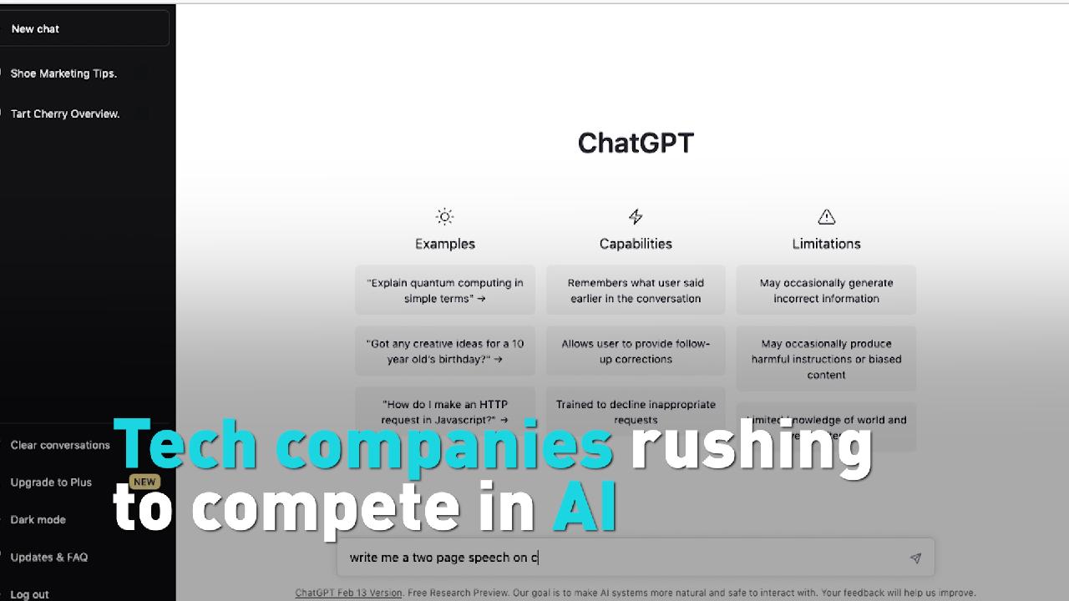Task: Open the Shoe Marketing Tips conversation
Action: click(x=63, y=73)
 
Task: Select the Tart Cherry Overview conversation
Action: click(x=65, y=114)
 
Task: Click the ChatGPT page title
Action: click(x=636, y=143)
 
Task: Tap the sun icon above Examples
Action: click(x=444, y=217)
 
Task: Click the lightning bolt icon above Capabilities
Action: click(x=636, y=217)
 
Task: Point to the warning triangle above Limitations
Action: click(x=826, y=217)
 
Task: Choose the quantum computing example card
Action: click(x=445, y=290)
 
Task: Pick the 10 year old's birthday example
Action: click(x=445, y=351)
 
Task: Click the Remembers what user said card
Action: click(x=636, y=290)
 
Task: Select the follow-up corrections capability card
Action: click(x=636, y=351)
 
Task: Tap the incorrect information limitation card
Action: click(x=826, y=290)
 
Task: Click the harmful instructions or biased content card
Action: click(x=826, y=359)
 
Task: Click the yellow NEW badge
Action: click(x=144, y=482)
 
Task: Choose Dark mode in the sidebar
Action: click(x=38, y=519)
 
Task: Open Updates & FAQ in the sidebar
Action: click(x=49, y=557)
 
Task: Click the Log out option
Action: click(x=30, y=594)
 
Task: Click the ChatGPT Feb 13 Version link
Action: click(x=348, y=593)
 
